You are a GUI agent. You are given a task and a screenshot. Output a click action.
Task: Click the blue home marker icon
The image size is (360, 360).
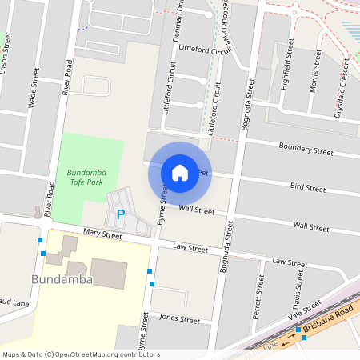(180, 172)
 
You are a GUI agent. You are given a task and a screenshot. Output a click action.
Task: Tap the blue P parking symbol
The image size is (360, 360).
(121, 214)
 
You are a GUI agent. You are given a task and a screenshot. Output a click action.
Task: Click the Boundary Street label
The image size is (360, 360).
(306, 149)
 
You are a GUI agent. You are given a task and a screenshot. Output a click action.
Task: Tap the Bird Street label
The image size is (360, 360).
(308, 188)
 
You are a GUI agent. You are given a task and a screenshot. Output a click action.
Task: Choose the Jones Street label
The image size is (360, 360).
(179, 318)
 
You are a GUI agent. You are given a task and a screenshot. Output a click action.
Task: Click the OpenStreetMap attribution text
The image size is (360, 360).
(81, 354)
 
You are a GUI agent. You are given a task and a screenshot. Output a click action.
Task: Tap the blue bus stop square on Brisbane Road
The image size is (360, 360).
(298, 330)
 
